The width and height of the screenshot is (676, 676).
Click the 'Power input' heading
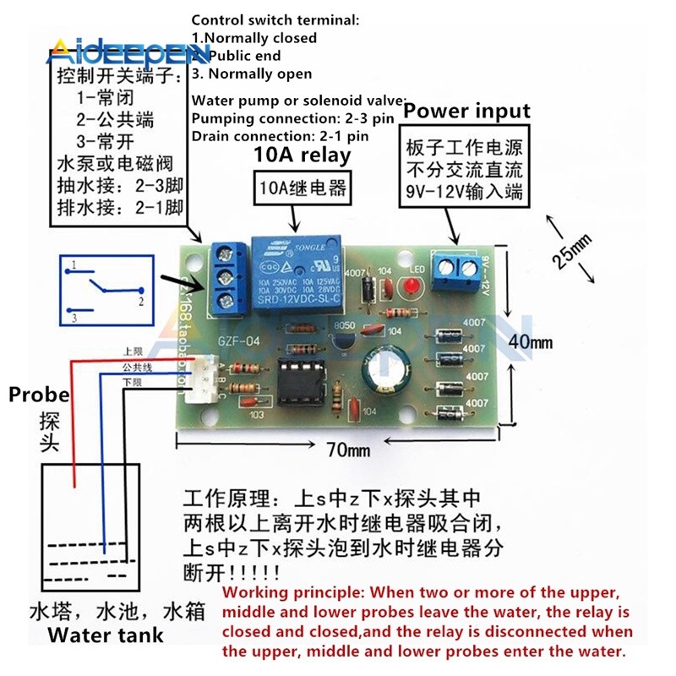(x=466, y=111)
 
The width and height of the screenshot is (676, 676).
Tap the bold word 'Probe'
(x=40, y=395)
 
